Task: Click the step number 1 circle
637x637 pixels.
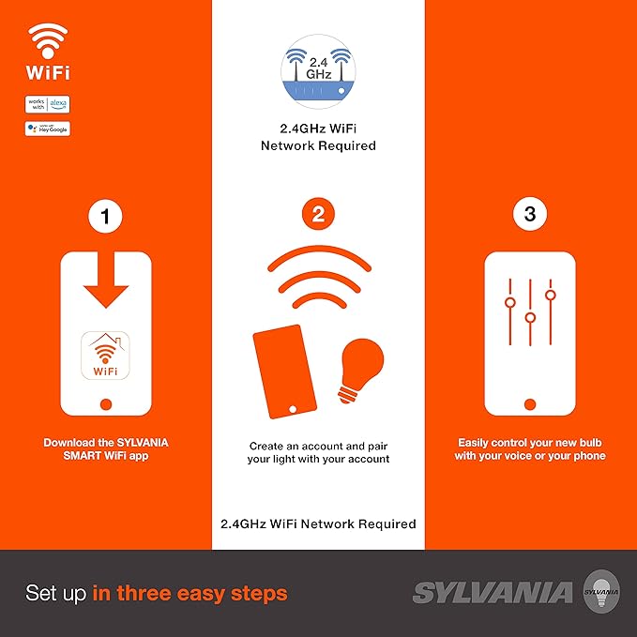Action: pyautogui.click(x=105, y=216)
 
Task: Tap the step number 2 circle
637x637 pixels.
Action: pyautogui.click(x=318, y=215)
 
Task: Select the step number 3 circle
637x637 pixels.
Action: pyautogui.click(x=530, y=215)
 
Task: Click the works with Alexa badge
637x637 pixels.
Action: pyautogui.click(x=48, y=104)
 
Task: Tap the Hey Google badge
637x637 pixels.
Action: pyautogui.click(x=48, y=129)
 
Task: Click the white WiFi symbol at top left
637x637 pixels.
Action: pyautogui.click(x=48, y=41)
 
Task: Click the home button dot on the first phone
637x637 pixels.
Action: pyautogui.click(x=105, y=403)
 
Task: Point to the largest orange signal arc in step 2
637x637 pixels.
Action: pyautogui.click(x=318, y=263)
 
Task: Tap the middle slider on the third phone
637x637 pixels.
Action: pyautogui.click(x=530, y=316)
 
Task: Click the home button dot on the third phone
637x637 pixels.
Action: pyautogui.click(x=530, y=403)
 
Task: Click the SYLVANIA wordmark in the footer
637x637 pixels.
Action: pyautogui.click(x=493, y=593)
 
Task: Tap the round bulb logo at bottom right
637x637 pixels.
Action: pyautogui.click(x=601, y=592)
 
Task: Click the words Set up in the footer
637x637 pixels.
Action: pyautogui.click(x=57, y=593)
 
